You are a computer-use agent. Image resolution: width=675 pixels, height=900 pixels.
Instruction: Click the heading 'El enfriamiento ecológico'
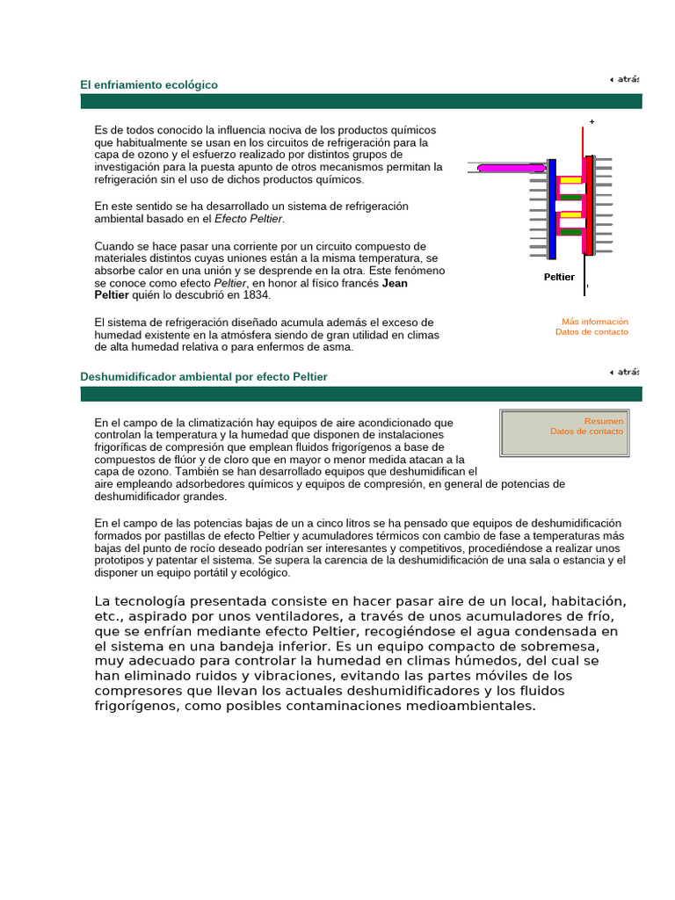click(149, 84)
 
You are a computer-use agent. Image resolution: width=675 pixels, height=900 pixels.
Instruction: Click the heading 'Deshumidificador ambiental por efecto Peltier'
click(203, 376)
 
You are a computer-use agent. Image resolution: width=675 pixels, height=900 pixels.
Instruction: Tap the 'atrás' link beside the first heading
click(625, 79)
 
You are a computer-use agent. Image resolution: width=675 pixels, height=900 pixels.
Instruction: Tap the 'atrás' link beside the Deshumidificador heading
click(625, 372)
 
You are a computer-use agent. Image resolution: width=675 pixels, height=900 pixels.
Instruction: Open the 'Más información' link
click(595, 322)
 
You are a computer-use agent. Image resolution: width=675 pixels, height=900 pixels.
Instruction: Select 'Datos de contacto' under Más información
click(592, 331)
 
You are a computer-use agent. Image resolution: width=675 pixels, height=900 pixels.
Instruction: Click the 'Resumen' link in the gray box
click(604, 421)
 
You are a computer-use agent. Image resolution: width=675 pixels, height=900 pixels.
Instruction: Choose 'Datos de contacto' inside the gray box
click(586, 432)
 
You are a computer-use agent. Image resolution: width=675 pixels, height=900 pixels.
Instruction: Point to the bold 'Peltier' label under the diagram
click(559, 277)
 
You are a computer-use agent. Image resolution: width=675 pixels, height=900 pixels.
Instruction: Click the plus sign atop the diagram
click(592, 122)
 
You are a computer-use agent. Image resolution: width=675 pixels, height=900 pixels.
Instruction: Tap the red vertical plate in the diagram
click(589, 207)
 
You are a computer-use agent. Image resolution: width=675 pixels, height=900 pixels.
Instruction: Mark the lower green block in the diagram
click(571, 232)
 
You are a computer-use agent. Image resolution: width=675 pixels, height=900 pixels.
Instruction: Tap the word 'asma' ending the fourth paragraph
click(338, 346)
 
